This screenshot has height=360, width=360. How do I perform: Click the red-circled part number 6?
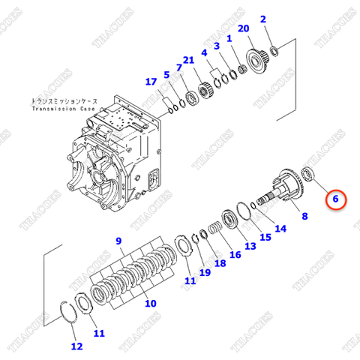pos(336,199)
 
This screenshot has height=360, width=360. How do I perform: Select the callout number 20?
pos(243,28)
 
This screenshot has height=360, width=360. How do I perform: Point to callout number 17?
pos(151,82)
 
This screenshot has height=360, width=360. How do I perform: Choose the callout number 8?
pos(304,217)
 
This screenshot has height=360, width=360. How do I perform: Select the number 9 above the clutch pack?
pos(117,240)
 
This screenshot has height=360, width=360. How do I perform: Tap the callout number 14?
pos(280,229)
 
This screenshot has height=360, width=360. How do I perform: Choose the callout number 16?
pos(235,255)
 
